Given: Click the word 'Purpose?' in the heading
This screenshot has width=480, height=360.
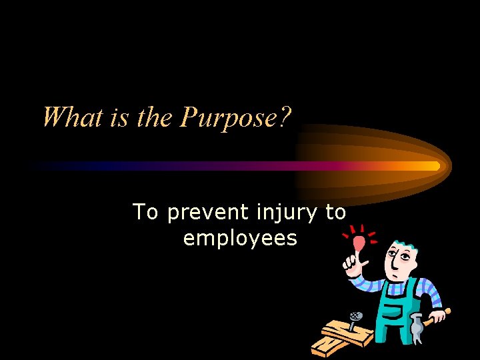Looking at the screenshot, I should [237, 119].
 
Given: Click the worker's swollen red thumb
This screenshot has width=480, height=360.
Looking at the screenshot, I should [359, 243].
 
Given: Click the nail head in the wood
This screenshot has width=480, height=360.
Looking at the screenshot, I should [357, 316].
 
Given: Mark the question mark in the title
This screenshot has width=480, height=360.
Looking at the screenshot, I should [285, 118].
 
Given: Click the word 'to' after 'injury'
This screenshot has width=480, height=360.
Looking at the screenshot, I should [335, 212].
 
